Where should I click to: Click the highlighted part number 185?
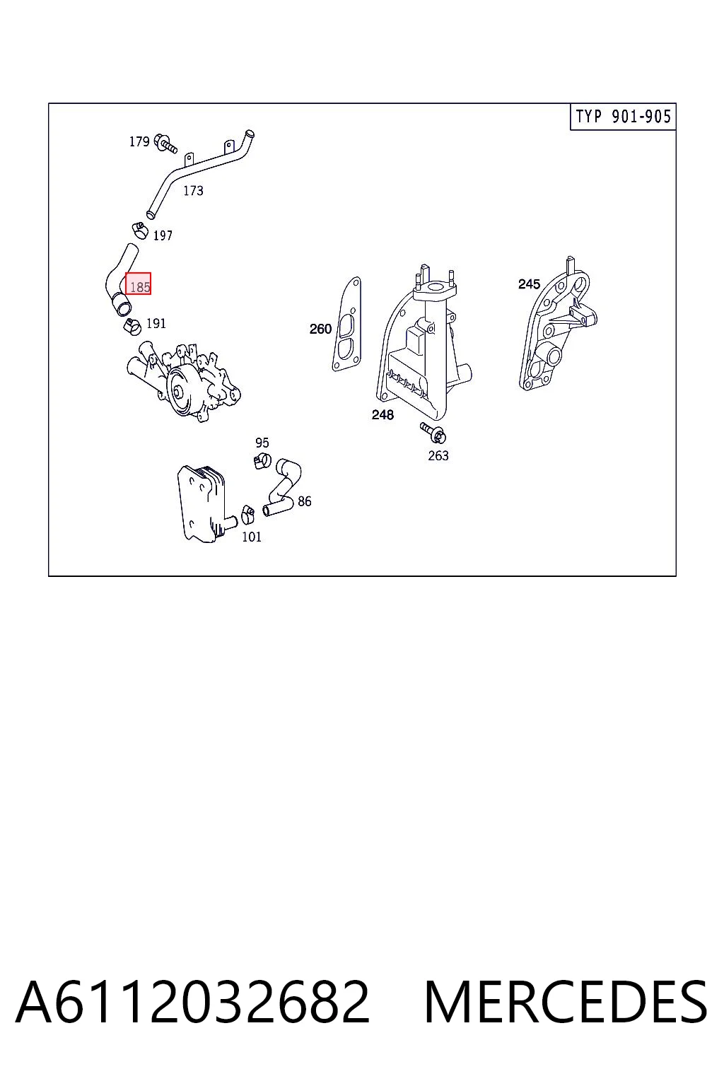(x=140, y=287)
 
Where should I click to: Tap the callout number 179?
(x=139, y=141)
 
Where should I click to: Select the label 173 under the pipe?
(x=193, y=190)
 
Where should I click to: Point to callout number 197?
(x=163, y=235)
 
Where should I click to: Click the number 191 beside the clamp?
(x=156, y=323)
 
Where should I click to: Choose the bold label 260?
(x=320, y=329)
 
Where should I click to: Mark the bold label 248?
(x=383, y=414)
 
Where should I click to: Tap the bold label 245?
(x=529, y=284)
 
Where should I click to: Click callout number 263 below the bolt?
(x=438, y=456)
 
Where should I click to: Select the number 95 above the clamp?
(x=262, y=443)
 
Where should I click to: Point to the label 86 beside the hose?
(x=305, y=501)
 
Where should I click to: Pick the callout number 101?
(x=252, y=537)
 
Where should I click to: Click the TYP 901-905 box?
(x=623, y=117)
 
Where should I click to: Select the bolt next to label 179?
(x=165, y=144)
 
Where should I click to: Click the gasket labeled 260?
(x=346, y=324)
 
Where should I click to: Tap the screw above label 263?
(x=433, y=433)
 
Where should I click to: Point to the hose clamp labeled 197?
(x=140, y=230)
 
